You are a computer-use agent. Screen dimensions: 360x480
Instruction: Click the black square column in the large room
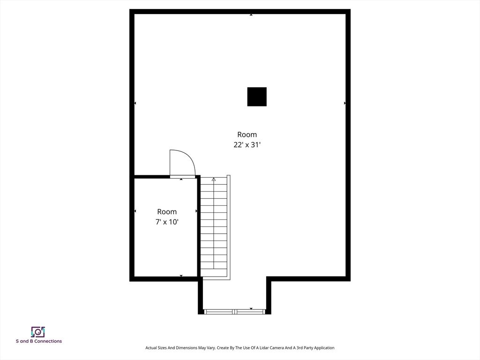pos(257,97)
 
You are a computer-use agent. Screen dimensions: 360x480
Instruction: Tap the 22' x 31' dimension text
pos(247,145)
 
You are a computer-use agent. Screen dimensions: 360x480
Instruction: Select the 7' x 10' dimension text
pos(167,222)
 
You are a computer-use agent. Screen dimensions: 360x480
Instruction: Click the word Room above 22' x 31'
pos(247,135)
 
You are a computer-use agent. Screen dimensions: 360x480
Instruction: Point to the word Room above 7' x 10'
pos(167,211)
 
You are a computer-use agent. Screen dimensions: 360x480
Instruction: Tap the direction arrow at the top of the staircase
pos(214,179)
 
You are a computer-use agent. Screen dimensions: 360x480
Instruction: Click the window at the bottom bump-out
pos(235,312)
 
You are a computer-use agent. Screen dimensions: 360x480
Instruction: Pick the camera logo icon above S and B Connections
pos(38,332)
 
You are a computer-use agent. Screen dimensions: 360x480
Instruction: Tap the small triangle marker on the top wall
pos(251,15)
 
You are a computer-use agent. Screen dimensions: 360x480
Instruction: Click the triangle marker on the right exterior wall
pos(345,103)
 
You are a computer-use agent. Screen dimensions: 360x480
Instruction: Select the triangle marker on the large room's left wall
pos(135,103)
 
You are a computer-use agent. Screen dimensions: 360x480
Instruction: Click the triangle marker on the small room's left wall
pos(135,211)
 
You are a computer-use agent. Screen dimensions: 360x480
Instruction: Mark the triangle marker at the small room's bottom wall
pos(181,276)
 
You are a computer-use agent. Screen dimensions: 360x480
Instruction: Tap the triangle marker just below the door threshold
pos(181,180)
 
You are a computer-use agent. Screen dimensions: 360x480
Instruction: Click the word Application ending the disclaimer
pos(324,348)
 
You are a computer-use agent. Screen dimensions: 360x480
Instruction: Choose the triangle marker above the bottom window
pos(251,308)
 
